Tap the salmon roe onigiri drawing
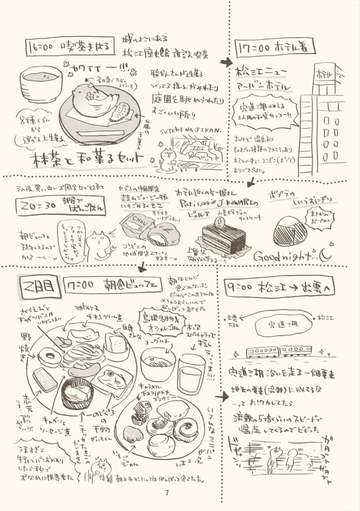coord(291,231)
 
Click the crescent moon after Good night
coord(325,255)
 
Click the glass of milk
coord(190,374)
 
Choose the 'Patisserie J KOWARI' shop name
coord(217,205)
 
